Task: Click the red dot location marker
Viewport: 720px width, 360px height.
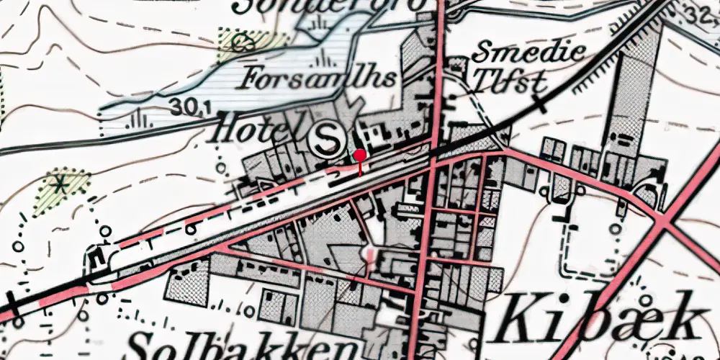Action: point(359,155)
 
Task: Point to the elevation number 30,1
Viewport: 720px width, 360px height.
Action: point(190,107)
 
